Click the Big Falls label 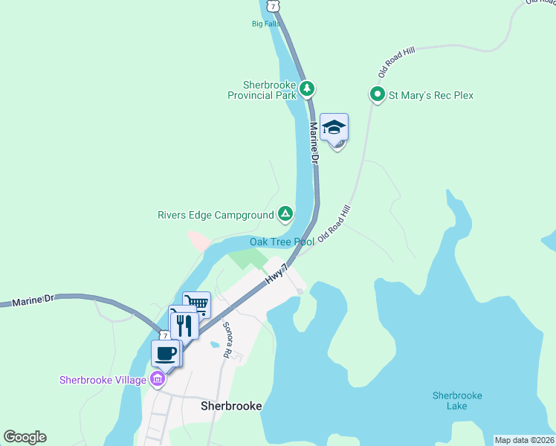coord(267,23)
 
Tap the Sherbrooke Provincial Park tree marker coord(307,89)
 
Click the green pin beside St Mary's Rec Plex coord(377,94)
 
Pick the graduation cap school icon coord(334,127)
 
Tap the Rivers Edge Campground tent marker coord(285,215)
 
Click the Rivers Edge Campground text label coord(216,216)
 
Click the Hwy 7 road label coord(276,274)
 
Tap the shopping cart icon coord(196,304)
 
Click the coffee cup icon coord(166,352)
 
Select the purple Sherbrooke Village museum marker coord(157,380)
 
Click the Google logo coord(25,437)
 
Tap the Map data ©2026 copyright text coord(524,440)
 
